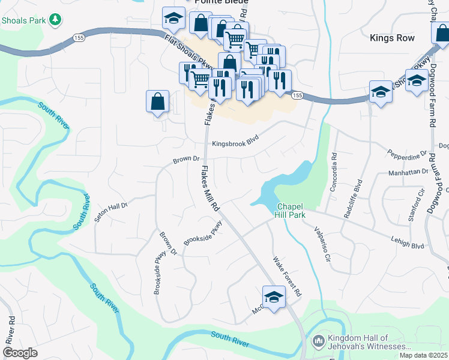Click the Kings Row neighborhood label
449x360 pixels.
[393, 38]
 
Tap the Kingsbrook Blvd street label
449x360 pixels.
[238, 144]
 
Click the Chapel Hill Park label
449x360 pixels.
[291, 211]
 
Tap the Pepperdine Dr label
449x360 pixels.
[407, 154]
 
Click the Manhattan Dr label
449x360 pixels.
[408, 171]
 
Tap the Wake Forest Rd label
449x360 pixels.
[286, 277]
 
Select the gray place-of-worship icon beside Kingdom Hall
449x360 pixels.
[318, 341]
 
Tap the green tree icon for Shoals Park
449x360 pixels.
[55, 20]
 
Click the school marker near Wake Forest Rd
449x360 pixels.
[274, 297]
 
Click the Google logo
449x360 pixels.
[20, 353]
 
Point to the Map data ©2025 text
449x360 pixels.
[423, 355]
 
